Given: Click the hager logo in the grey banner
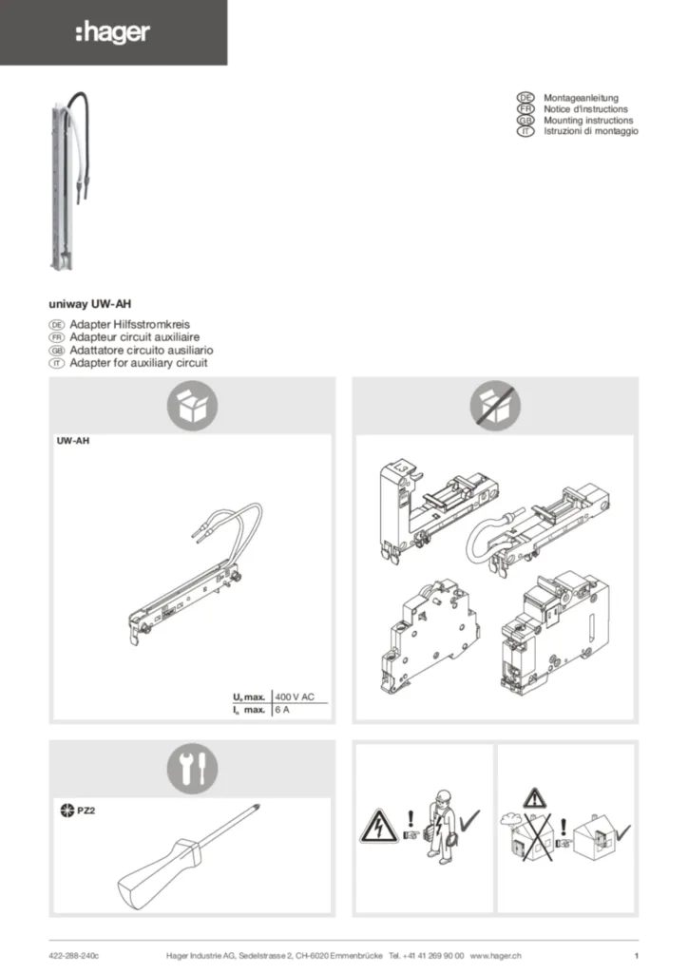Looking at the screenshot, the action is [x=113, y=32].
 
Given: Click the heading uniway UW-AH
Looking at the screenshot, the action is [x=90, y=304].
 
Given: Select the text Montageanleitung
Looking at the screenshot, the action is [x=581, y=98].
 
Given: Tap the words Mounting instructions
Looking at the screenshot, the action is [x=588, y=121].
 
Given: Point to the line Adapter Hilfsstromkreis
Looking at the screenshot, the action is [x=129, y=324].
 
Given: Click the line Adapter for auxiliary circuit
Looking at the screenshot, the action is [x=139, y=363].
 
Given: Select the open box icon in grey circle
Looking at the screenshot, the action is [x=192, y=406].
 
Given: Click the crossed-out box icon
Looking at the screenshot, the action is [x=495, y=406].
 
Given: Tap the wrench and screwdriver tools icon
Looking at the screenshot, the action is [x=192, y=768].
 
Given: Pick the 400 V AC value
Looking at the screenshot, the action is [x=295, y=696].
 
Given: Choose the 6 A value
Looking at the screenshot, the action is [x=282, y=709].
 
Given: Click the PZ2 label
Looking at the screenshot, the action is [x=86, y=811].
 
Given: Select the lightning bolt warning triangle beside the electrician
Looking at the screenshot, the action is [x=379, y=827].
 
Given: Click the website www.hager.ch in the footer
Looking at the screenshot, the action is [x=496, y=956].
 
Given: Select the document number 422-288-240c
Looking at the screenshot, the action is [x=74, y=956].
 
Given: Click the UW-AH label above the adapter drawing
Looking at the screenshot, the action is [x=73, y=441].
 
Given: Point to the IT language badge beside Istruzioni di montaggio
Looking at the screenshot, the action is [x=526, y=131].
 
